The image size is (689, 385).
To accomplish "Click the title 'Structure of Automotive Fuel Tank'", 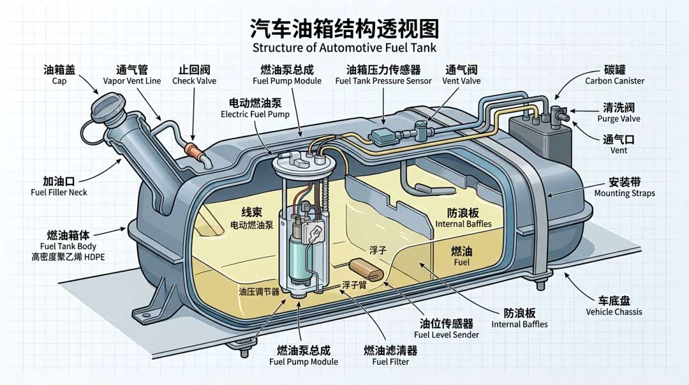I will pyautogui.click(x=344, y=48).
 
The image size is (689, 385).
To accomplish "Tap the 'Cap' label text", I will pyautogui.click(x=59, y=81).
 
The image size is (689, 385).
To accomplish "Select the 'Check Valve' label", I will pyautogui.click(x=194, y=81).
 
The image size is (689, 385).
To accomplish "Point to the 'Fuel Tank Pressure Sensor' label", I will pyautogui.click(x=383, y=81).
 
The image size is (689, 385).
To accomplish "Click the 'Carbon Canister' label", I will pyautogui.click(x=614, y=81).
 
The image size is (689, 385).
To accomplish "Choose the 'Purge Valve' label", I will pyautogui.click(x=618, y=119).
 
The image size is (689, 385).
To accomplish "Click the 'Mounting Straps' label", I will pyautogui.click(x=624, y=193).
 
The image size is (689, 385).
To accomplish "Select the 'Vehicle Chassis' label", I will pyautogui.click(x=614, y=312).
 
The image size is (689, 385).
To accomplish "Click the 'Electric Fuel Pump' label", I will pyautogui.click(x=255, y=114).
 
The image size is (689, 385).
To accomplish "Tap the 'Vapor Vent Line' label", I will pyautogui.click(x=131, y=81).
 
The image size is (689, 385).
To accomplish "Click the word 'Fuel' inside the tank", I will pyautogui.click(x=461, y=262).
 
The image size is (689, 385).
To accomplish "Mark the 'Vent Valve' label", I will pyautogui.click(x=461, y=81).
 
